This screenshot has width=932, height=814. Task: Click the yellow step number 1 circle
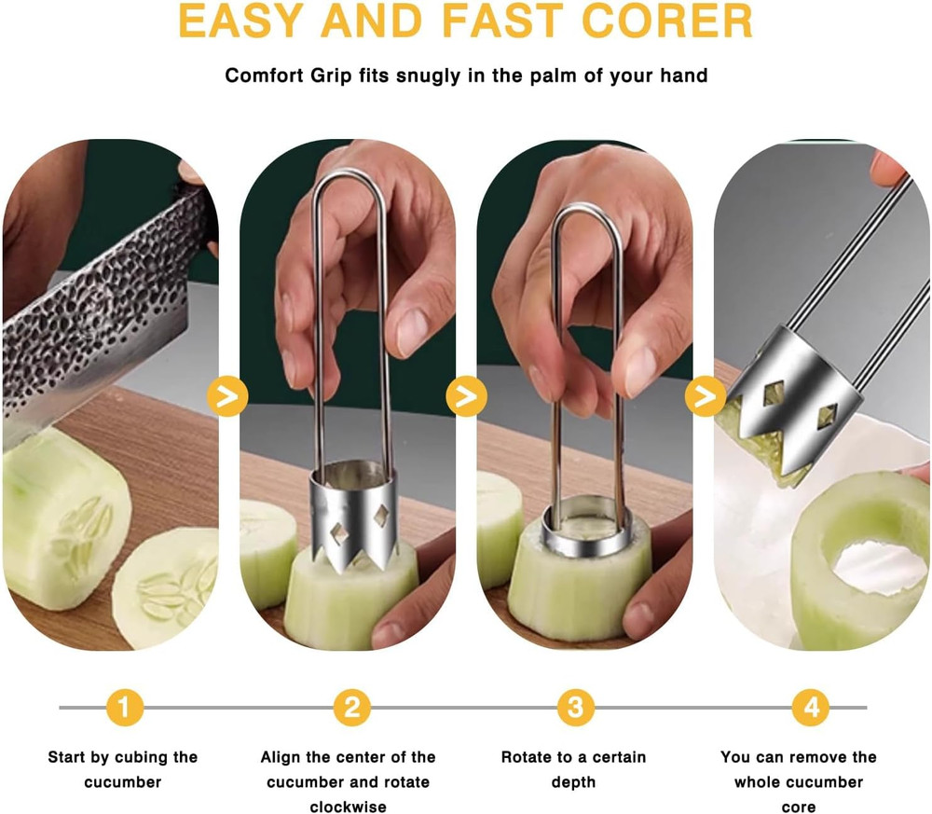pos(124,708)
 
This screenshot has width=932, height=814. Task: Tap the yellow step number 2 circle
pos(351,708)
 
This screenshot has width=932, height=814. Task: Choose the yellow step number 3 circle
pos(575,708)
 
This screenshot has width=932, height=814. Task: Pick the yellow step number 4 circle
pos(811,708)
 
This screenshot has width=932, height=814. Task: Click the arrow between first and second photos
pos(227,396)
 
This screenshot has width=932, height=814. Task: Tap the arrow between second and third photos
pos(466,396)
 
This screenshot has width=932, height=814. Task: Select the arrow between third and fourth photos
pos(705,396)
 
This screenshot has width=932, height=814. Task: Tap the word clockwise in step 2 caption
pos(349,807)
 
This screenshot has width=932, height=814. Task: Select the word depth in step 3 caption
pos(573,782)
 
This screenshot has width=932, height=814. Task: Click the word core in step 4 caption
pos(799,807)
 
